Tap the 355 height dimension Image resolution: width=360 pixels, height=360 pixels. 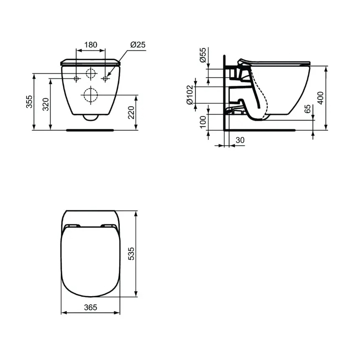(29, 102)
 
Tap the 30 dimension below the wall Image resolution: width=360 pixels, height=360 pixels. (240, 140)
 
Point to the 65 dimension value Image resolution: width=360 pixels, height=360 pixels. (307, 109)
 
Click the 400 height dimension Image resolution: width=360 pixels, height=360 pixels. (320, 97)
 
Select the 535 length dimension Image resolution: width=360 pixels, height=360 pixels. (131, 254)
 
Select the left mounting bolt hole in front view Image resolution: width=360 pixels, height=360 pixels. (76, 78)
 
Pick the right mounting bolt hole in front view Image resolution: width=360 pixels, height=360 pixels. (105, 78)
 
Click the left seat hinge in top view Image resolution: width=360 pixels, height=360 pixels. (72, 226)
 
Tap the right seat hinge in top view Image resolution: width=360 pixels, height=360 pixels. (109, 226)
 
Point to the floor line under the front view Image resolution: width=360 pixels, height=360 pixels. (90, 130)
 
